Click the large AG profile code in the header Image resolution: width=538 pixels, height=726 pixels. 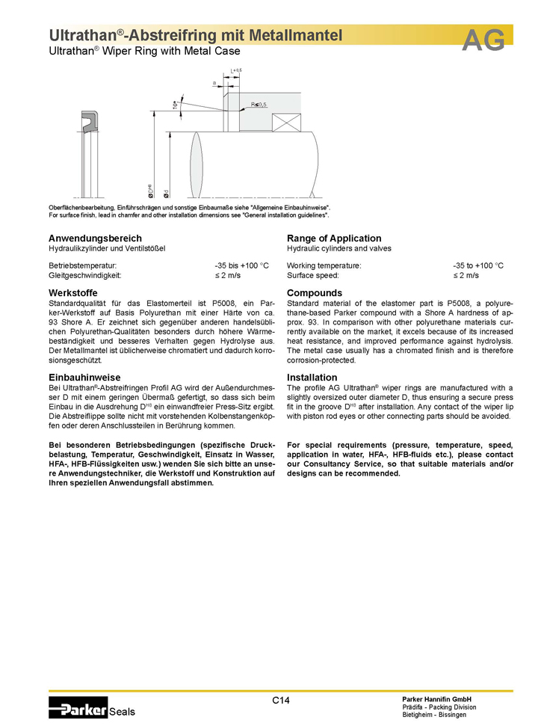tap(484, 40)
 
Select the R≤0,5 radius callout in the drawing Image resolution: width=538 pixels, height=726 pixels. tap(259, 105)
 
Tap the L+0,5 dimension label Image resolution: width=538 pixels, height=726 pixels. tap(237, 70)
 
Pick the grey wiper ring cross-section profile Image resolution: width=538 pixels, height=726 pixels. tap(89, 124)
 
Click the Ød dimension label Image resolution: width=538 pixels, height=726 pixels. tap(166, 193)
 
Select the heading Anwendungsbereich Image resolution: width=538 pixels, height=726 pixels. tap(95, 238)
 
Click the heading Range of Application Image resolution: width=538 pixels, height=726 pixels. tap(334, 238)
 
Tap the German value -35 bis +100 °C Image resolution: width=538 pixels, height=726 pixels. tap(241, 265)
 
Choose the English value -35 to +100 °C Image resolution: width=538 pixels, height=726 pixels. tap(478, 265)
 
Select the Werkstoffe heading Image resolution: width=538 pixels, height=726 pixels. tap(74, 292)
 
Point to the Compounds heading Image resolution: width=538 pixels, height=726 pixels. tap(315, 292)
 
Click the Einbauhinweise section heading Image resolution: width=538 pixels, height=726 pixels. tap(84, 377)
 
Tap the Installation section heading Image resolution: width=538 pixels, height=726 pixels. tap(312, 377)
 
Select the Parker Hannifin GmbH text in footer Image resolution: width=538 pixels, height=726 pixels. tap(436, 698)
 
